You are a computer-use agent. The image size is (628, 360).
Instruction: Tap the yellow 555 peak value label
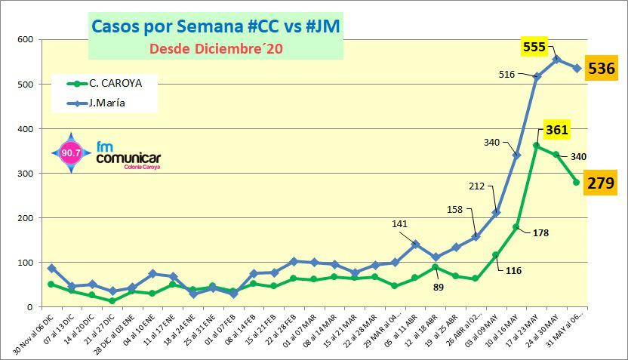point(534,48)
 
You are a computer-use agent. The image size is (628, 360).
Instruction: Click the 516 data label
point(508,74)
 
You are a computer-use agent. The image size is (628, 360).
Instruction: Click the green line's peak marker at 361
point(536,146)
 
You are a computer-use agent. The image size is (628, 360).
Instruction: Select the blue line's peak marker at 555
point(556,59)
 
